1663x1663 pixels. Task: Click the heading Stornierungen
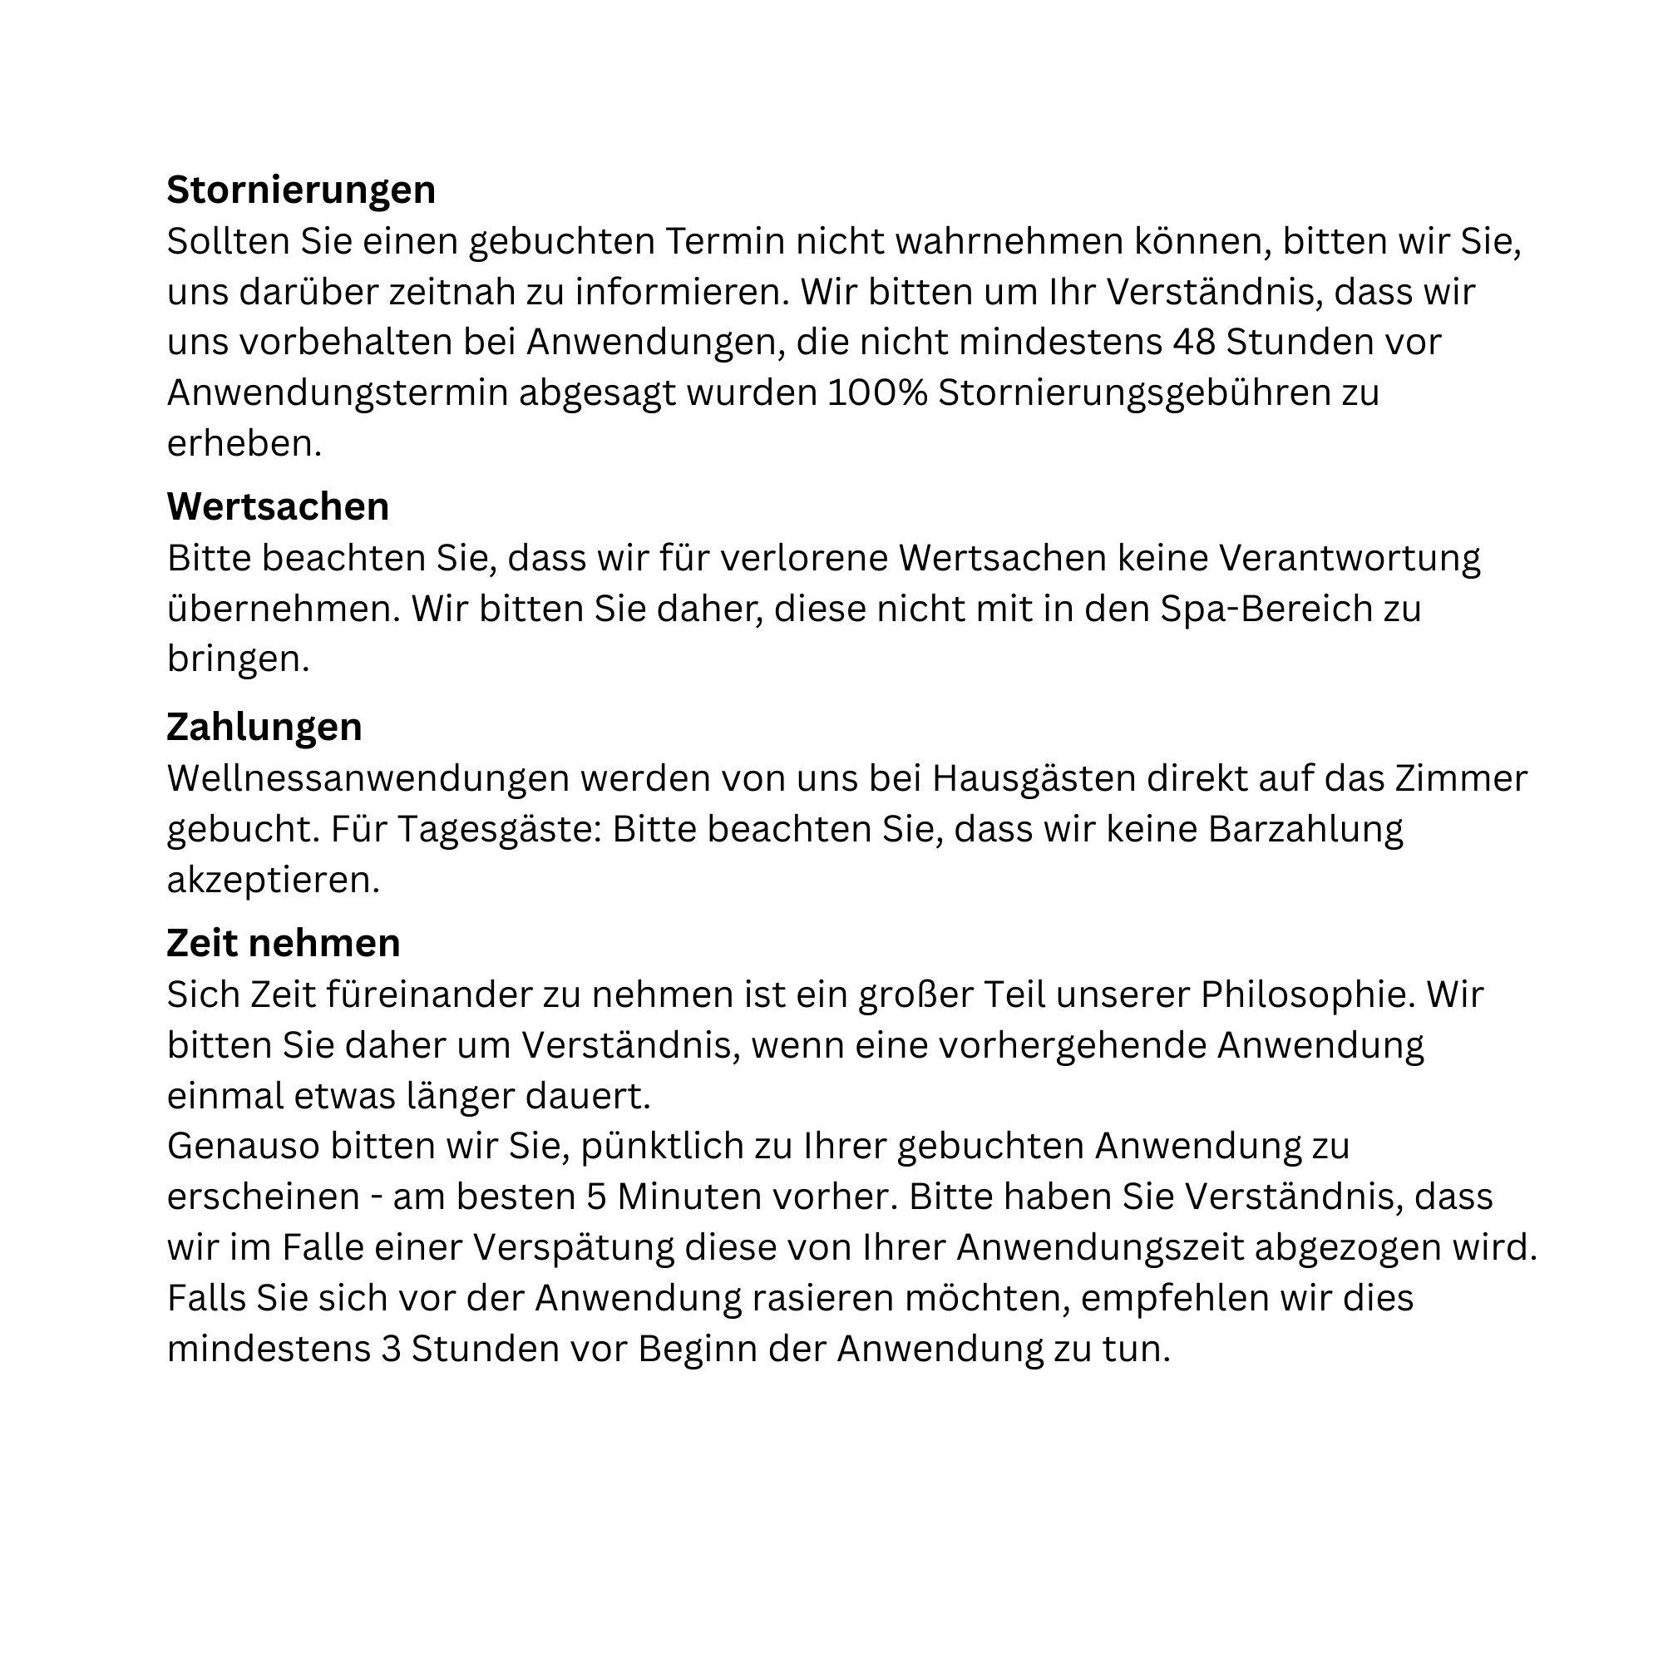tap(300, 190)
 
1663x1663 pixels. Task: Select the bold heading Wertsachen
tap(277, 506)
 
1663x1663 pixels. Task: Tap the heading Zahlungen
tap(264, 727)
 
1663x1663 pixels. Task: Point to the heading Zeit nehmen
tap(284, 943)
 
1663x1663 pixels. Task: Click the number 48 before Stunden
tap(1193, 342)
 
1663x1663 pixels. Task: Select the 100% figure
tap(877, 392)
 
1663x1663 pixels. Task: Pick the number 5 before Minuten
tap(596, 1197)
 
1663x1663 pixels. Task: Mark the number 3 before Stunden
tap(392, 1348)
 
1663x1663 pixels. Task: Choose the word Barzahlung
tap(1305, 829)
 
